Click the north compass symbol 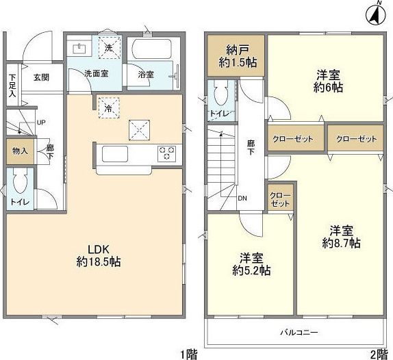click(376, 15)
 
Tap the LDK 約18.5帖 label click(99, 255)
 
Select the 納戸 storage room click(236, 55)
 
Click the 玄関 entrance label click(41, 77)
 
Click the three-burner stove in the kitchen click(166, 153)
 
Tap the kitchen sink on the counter click(115, 154)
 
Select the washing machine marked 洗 click(109, 48)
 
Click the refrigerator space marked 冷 click(109, 107)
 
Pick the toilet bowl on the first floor click(20, 182)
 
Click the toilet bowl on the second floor click(221, 94)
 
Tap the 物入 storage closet click(20, 151)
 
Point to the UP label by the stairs click(41, 123)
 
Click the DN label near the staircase click(242, 198)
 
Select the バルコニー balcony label click(299, 333)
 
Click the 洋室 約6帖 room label click(328, 81)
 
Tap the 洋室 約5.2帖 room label click(251, 264)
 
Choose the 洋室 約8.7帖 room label click(342, 237)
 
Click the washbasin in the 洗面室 click(79, 49)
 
